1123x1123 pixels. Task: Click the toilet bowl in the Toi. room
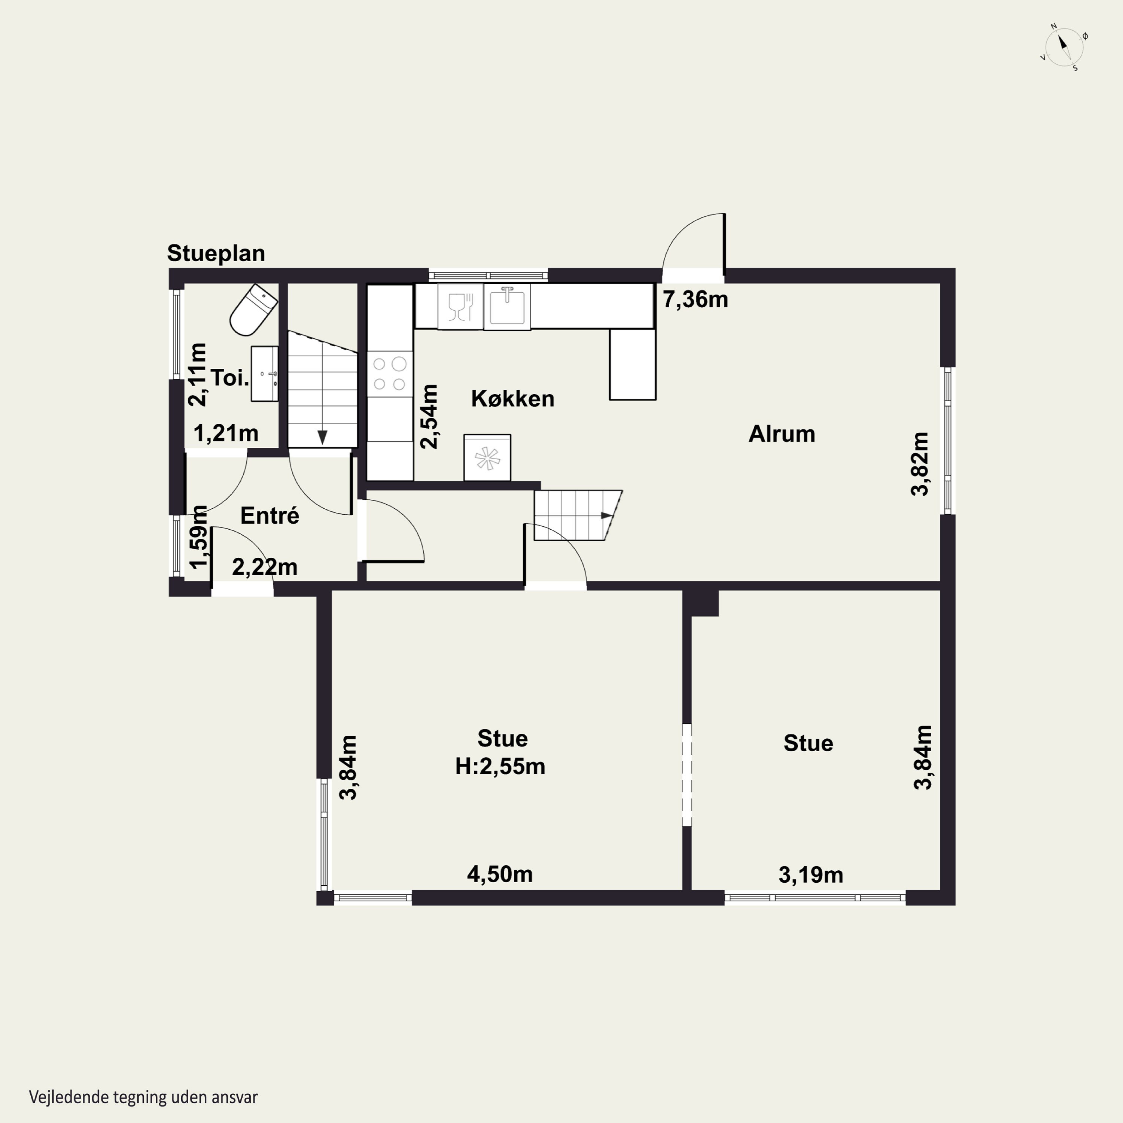pyautogui.click(x=253, y=310)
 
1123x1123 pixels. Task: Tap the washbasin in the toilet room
pyautogui.click(x=265, y=374)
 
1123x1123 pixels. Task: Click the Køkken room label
pyautogui.click(x=513, y=399)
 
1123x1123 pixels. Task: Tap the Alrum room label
pyautogui.click(x=782, y=434)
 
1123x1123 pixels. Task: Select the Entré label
pyautogui.click(x=270, y=515)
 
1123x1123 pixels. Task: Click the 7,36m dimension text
pyautogui.click(x=696, y=299)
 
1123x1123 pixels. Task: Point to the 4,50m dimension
pyautogui.click(x=500, y=874)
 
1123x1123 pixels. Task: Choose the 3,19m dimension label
pyautogui.click(x=811, y=875)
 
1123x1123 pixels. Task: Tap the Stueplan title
pyautogui.click(x=216, y=253)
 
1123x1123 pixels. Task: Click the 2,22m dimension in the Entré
pyautogui.click(x=265, y=567)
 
